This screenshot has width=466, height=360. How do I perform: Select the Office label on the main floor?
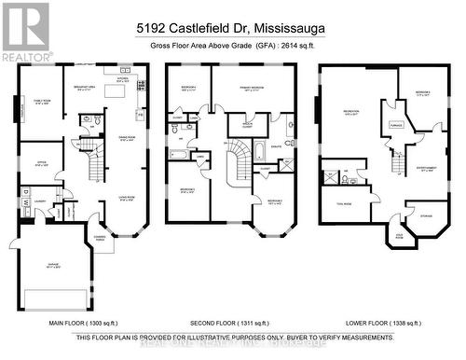pos(37,167)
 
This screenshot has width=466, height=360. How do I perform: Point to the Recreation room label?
pos(351,114)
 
